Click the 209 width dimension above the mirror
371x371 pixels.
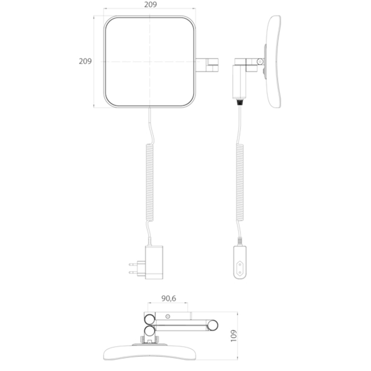click(151, 4)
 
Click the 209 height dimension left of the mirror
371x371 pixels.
click(85, 61)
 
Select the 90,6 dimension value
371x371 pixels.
click(169, 298)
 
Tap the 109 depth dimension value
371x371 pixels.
click(234, 335)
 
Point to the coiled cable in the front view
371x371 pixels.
click(150, 183)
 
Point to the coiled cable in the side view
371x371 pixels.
click(240, 183)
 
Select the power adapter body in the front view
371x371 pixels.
click(154, 262)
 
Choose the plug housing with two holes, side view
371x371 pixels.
click(240, 262)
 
